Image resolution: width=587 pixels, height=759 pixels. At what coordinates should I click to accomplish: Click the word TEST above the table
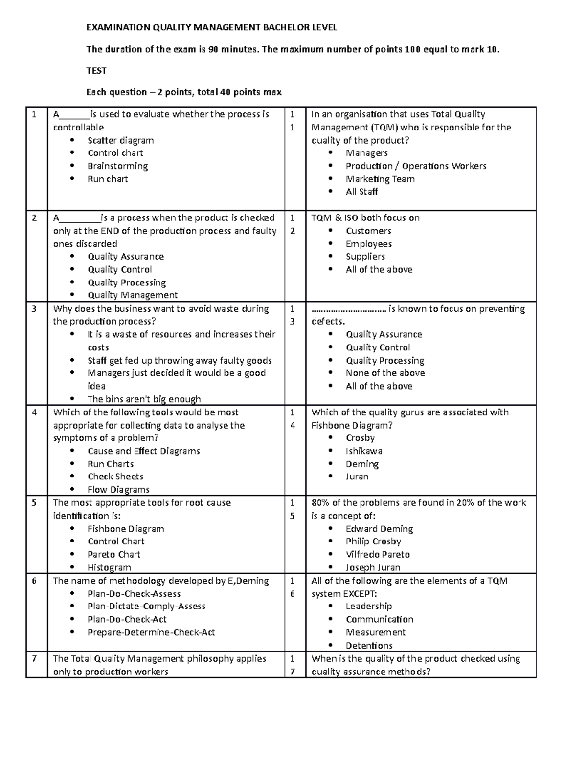96,71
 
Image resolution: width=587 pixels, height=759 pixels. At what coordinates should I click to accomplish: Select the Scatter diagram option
120,140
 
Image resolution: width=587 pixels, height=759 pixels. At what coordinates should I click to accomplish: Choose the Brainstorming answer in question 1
117,166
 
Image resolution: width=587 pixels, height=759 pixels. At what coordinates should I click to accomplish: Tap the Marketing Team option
380,179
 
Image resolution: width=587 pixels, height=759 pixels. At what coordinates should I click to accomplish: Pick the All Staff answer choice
361,192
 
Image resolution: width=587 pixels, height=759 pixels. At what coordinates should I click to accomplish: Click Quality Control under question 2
119,270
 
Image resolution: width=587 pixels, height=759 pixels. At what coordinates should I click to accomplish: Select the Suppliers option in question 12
365,257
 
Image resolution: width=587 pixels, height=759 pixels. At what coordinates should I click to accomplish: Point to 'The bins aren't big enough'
144,399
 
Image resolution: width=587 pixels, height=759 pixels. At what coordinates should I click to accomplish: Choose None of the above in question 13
385,373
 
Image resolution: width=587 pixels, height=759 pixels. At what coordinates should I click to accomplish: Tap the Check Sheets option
115,477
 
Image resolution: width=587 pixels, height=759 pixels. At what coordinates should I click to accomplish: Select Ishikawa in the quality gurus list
364,451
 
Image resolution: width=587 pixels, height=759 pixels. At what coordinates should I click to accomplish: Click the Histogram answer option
109,567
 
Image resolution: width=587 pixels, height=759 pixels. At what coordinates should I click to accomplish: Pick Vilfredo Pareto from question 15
378,555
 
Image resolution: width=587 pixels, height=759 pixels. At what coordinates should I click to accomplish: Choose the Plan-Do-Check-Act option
127,619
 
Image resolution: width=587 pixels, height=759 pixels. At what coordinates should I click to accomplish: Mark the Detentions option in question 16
369,646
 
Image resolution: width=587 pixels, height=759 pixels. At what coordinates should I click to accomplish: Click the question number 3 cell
34,309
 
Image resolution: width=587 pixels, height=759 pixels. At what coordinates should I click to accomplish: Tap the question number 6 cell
34,581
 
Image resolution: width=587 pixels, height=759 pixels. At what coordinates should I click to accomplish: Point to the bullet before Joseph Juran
331,567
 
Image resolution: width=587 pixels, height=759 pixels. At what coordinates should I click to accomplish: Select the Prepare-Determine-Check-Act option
151,632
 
